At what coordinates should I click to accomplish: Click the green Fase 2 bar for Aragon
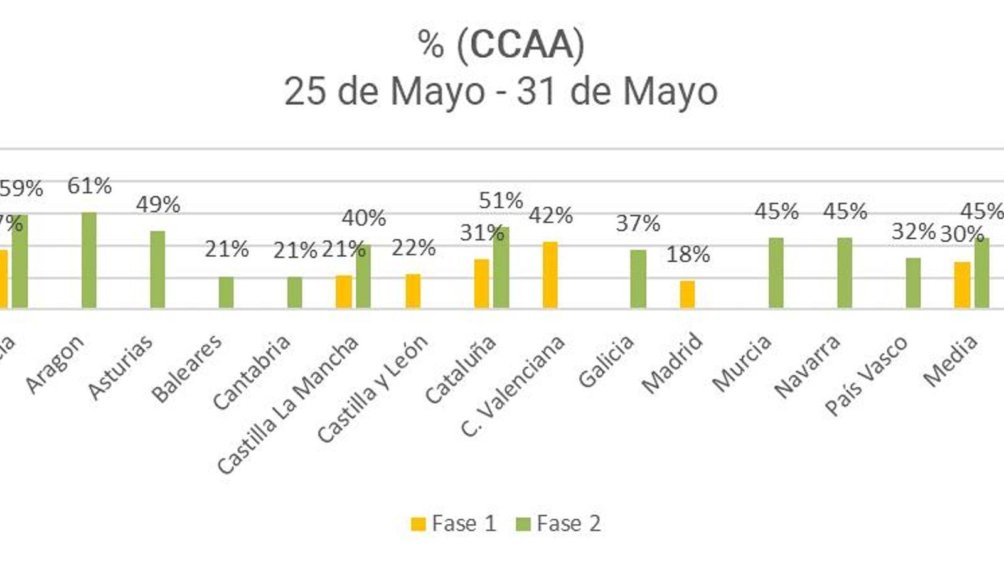(x=89, y=260)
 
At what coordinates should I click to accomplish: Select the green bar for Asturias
(x=158, y=269)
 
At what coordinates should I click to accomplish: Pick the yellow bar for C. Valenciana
(x=550, y=274)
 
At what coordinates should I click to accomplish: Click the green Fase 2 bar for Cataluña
(x=501, y=267)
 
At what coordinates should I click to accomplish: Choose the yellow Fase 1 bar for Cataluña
(x=481, y=283)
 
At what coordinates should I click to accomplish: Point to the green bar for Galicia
(x=638, y=279)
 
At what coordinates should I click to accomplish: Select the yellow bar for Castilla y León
(x=413, y=291)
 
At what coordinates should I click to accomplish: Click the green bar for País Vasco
(x=913, y=282)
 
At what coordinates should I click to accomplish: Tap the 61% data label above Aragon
(x=90, y=186)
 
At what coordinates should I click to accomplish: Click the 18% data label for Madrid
(x=688, y=254)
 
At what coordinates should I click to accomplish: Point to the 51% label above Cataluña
(x=501, y=201)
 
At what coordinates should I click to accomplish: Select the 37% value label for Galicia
(x=638, y=223)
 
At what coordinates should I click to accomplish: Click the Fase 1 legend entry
(x=454, y=524)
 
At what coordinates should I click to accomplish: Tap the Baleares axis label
(x=187, y=368)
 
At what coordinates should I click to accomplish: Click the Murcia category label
(x=742, y=363)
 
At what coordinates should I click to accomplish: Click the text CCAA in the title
(x=520, y=45)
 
